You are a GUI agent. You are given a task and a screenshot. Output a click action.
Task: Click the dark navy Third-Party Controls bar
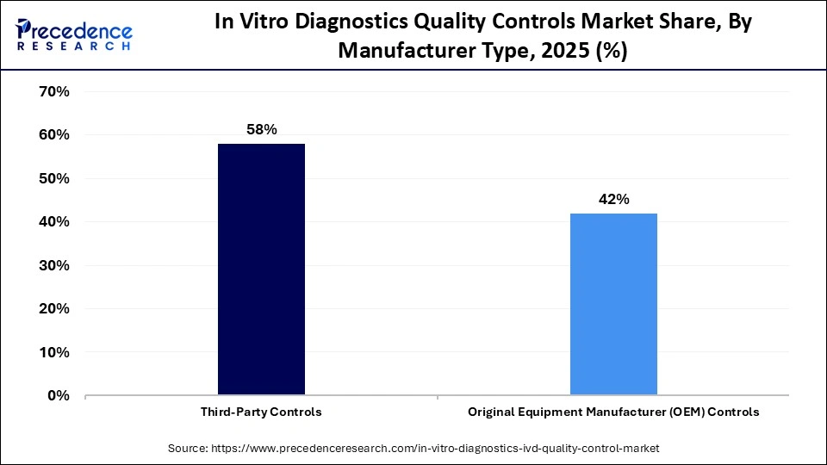[x=261, y=270]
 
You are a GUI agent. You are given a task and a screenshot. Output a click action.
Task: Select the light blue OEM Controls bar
[x=613, y=304]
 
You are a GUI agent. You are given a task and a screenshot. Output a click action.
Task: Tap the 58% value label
[x=261, y=129]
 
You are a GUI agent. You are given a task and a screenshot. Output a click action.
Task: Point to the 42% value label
[x=613, y=199]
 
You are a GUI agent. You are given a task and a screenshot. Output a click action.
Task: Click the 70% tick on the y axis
[x=53, y=91]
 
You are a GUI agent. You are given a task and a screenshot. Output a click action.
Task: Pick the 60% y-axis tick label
[x=53, y=135]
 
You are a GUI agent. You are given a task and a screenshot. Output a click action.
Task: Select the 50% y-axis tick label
[x=53, y=178]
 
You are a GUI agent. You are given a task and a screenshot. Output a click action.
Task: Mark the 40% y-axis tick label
[x=53, y=222]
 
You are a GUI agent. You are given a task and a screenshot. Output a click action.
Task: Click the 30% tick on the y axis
[x=53, y=265]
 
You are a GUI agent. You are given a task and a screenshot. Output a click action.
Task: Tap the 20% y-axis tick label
[x=53, y=309]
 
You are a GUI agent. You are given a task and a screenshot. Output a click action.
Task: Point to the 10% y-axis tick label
[x=53, y=352]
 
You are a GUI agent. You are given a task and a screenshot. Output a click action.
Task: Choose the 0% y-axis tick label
[x=57, y=396]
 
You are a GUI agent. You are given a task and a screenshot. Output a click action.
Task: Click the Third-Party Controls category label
[x=261, y=412]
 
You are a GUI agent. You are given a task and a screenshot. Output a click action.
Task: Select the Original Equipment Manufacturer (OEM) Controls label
[x=613, y=412]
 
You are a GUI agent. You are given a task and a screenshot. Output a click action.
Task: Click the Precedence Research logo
[x=74, y=34]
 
